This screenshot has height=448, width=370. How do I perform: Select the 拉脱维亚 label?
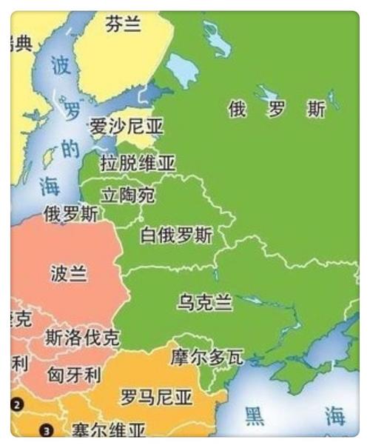pyautogui.click(x=138, y=162)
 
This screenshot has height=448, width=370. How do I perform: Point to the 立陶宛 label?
pyautogui.click(x=128, y=195)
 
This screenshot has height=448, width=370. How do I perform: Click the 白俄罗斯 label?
pyautogui.click(x=176, y=235)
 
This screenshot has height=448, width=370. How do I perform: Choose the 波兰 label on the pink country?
pyautogui.click(x=68, y=274)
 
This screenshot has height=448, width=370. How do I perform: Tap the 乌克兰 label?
pyautogui.click(x=204, y=302)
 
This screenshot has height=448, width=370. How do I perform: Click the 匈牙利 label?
pyautogui.click(x=74, y=374)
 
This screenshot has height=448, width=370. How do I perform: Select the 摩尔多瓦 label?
pyautogui.click(x=206, y=357)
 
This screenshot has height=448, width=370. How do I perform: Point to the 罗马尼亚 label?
pyautogui.click(x=156, y=398)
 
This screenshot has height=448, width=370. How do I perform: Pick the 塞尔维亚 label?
pyautogui.click(x=109, y=429)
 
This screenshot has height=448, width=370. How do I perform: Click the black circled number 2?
pyautogui.click(x=18, y=404)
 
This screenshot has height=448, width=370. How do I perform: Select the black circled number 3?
pyautogui.click(x=47, y=429)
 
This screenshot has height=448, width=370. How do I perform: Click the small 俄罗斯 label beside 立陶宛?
pyautogui.click(x=70, y=215)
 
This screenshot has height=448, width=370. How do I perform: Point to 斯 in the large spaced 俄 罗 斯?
pyautogui.click(x=316, y=110)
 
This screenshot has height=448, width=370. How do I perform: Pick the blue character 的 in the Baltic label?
pyautogui.click(x=70, y=150)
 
